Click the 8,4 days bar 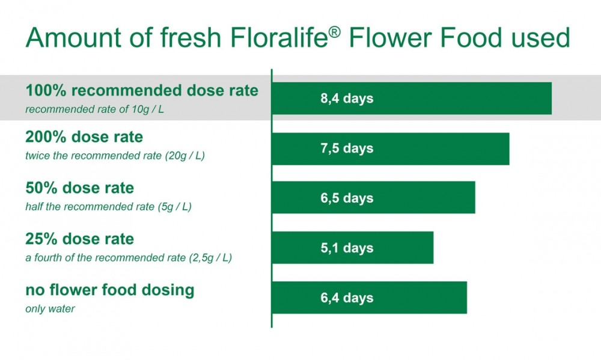pyautogui.click(x=412, y=98)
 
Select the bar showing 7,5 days pyautogui.click(x=391, y=149)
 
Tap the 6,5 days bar pyautogui.click(x=374, y=198)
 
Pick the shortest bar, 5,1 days pyautogui.click(x=353, y=248)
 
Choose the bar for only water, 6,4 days pyautogui.click(x=370, y=297)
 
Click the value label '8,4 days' pyautogui.click(x=347, y=99)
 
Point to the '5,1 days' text pyautogui.click(x=347, y=248)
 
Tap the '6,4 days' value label pyautogui.click(x=347, y=298)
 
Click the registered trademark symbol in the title pyautogui.click(x=334, y=32)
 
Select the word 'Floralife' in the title pyautogui.click(x=279, y=38)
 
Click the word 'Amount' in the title pyautogui.click(x=73, y=38)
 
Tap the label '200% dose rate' pyautogui.click(x=84, y=137)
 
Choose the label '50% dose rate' pyautogui.click(x=80, y=188)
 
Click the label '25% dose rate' pyautogui.click(x=80, y=239)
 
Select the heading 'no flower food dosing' pyautogui.click(x=109, y=290)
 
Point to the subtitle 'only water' pyautogui.click(x=50, y=309)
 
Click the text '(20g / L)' pyautogui.click(x=185, y=156)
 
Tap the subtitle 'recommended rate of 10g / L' pyautogui.click(x=94, y=109)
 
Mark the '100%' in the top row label pyautogui.click(x=46, y=91)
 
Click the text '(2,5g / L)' pyautogui.click(x=210, y=258)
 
